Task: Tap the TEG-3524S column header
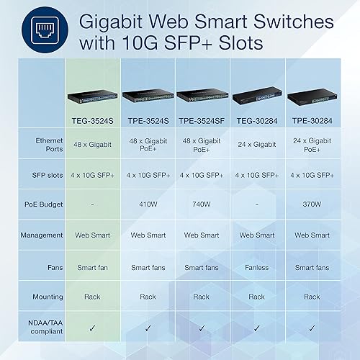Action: [x=94, y=113]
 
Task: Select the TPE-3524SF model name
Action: [x=202, y=113]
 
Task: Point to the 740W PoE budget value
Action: [x=202, y=204]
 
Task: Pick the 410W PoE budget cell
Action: [x=148, y=204]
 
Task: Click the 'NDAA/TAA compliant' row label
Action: [x=42, y=325]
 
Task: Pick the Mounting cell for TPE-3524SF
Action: [x=202, y=296]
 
